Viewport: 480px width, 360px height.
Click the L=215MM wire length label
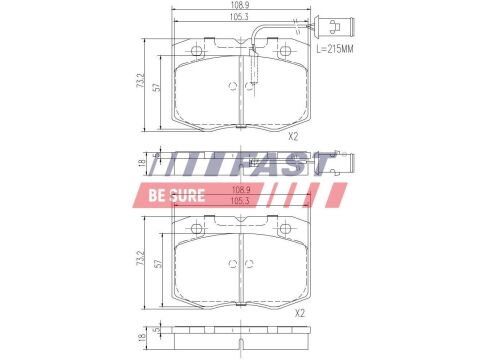click(335, 49)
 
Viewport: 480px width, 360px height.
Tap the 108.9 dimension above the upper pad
click(240, 5)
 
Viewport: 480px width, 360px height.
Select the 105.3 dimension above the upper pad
click(239, 17)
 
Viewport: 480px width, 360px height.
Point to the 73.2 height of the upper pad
click(142, 81)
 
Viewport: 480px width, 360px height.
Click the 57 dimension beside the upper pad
click(157, 87)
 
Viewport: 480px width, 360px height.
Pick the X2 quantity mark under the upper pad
click(293, 136)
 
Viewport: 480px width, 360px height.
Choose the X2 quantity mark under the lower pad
click(300, 313)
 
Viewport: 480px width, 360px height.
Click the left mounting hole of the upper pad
click(196, 51)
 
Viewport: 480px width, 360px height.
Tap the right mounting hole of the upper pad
click(285, 51)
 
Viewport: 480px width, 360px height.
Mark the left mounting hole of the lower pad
click(196, 228)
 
